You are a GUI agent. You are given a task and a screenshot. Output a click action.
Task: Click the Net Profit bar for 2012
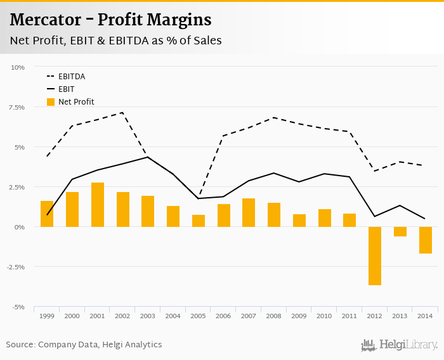(x=375, y=255)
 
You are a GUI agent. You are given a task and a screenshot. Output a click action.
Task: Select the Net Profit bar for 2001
(x=98, y=205)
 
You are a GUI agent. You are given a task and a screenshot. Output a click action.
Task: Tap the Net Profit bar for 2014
(x=425, y=240)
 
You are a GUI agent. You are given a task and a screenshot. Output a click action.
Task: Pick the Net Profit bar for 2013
(x=400, y=231)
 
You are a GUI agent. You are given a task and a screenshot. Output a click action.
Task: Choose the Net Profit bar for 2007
(x=249, y=212)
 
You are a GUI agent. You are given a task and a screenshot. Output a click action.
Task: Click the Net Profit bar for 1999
(x=47, y=214)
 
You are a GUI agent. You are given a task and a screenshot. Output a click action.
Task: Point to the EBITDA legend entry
(x=71, y=77)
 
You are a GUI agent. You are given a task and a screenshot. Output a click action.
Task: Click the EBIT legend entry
(x=66, y=89)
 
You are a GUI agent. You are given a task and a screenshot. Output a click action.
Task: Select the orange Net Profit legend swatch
(x=51, y=101)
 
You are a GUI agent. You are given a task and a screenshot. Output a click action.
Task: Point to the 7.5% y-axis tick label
(x=16, y=107)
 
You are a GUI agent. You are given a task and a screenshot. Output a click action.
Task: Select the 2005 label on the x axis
(x=199, y=315)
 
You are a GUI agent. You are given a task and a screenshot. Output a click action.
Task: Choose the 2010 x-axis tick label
(x=325, y=315)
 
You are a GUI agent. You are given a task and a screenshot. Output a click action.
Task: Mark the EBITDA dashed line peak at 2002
(x=122, y=113)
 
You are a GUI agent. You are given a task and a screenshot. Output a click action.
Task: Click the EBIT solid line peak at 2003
(x=148, y=157)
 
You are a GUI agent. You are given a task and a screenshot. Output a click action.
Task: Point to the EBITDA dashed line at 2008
(x=274, y=117)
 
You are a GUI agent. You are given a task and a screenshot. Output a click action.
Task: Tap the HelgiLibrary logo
(x=400, y=345)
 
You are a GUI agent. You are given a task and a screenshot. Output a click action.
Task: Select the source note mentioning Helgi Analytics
(x=84, y=345)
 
